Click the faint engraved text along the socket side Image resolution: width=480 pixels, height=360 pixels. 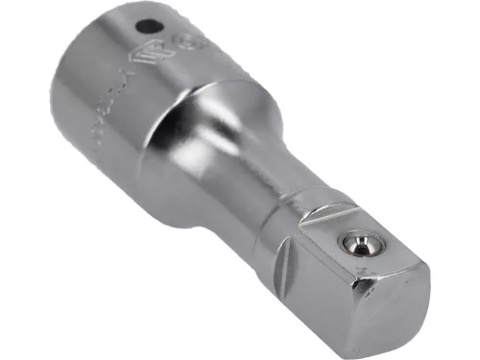click(106, 115)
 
